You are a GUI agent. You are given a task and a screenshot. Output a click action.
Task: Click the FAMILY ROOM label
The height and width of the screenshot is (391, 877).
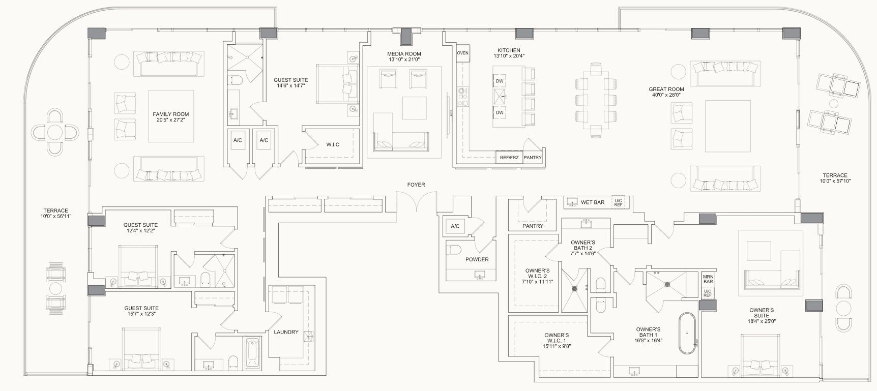click(170, 114)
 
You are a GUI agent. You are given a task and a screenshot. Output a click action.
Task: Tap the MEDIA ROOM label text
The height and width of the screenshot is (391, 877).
click(404, 54)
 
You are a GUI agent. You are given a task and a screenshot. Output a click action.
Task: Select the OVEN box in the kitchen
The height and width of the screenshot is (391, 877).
click(462, 53)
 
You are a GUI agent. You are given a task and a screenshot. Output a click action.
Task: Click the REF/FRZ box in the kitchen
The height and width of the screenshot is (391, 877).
click(508, 158)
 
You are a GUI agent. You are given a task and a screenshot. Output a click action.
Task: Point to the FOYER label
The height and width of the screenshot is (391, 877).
click(416, 185)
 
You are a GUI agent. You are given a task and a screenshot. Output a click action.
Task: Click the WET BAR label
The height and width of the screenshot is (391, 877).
click(593, 202)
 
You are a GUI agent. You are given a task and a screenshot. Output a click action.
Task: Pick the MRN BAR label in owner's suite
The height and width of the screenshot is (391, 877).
click(708, 279)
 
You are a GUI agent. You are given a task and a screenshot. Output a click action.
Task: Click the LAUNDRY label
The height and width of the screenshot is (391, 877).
click(286, 332)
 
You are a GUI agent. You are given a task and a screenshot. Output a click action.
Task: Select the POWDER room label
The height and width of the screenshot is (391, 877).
click(477, 259)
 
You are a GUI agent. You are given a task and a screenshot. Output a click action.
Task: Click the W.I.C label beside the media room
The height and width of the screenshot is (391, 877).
click(333, 145)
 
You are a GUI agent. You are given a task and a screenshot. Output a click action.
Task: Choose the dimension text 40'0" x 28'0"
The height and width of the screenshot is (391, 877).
click(666, 95)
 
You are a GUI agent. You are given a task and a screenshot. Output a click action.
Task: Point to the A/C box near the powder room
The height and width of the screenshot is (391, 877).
click(455, 227)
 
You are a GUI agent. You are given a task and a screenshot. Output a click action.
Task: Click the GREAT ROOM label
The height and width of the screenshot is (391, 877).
click(666, 89)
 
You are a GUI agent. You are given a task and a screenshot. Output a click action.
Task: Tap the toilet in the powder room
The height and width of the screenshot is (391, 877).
click(454, 249)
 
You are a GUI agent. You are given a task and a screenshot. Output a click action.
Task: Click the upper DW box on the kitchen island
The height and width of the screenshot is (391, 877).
click(500, 81)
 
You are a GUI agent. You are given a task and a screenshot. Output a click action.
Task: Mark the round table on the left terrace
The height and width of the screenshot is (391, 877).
click(55, 133)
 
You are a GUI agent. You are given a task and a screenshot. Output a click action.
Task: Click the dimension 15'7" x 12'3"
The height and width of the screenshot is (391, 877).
click(141, 314)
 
